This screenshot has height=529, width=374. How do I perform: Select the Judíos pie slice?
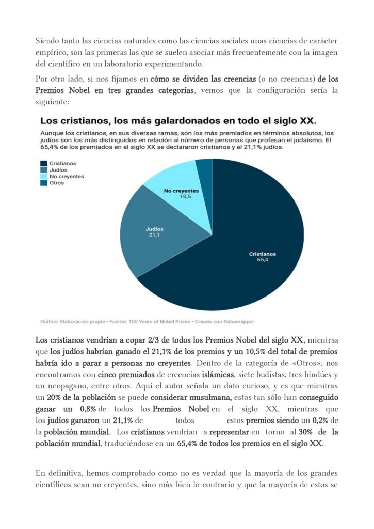tap(150, 243)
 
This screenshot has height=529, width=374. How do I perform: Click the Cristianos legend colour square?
tap(44, 163)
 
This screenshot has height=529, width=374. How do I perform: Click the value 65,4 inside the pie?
tap(262, 261)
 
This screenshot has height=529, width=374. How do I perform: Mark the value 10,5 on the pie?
tap(185, 197)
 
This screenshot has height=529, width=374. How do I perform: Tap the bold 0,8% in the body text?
tap(89, 409)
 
